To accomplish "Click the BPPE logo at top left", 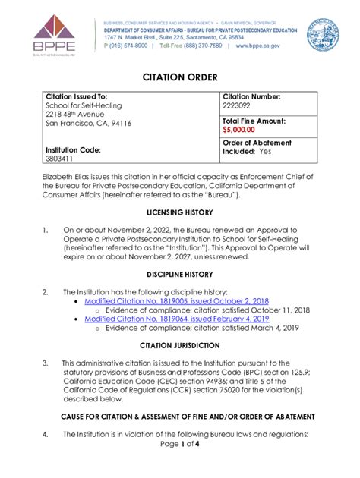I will tap(48, 33).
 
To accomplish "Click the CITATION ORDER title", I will tap(180, 77).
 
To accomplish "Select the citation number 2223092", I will tap(239, 108).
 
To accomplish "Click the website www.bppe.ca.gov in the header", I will tap(258, 46).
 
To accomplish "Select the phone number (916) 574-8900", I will tap(125, 46).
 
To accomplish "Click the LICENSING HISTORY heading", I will tap(180, 213).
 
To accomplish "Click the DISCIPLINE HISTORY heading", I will tap(180, 275).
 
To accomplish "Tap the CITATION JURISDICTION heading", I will tap(180, 345).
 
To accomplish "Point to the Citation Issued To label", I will tap(77, 97).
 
